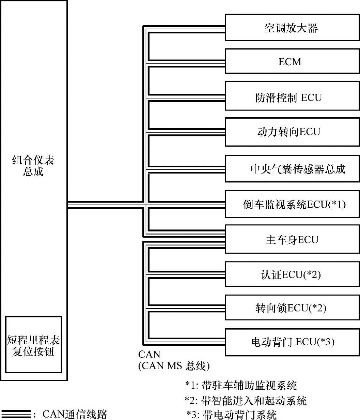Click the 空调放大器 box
click(x=292, y=28)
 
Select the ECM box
click(x=292, y=61)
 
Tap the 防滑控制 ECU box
click(x=292, y=97)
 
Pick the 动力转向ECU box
click(x=292, y=132)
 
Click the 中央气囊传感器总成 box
click(x=292, y=169)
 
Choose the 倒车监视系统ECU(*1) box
click(x=292, y=204)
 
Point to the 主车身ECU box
click(x=292, y=239)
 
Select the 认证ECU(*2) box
click(x=292, y=274)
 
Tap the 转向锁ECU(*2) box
click(x=292, y=308)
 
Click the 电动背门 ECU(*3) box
click(x=292, y=342)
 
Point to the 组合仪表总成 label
click(x=33, y=165)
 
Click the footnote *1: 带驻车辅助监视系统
click(x=241, y=385)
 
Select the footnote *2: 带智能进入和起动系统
click(x=245, y=400)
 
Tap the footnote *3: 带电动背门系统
click(x=232, y=415)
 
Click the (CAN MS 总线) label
click(x=174, y=366)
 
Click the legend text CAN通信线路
click(x=75, y=414)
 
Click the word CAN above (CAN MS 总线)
click(x=149, y=354)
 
